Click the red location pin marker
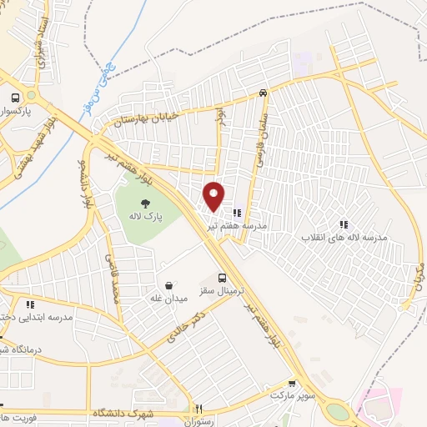pos(214,195)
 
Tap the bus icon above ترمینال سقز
pos(222,278)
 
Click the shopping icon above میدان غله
pos(170,285)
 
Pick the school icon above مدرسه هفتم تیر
pos(237,213)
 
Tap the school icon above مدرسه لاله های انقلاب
pos(344,224)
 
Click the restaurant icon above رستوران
pos(198,409)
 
